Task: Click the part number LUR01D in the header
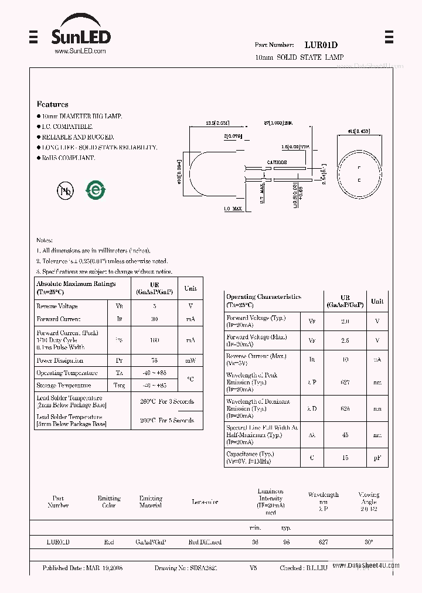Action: (321, 45)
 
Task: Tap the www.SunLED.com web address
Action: (80, 52)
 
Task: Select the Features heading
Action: (52, 104)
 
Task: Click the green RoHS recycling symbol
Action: (95, 190)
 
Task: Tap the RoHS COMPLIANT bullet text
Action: (68, 158)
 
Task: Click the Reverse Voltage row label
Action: (57, 306)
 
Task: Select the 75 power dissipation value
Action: (155, 361)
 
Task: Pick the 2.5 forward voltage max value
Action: (345, 340)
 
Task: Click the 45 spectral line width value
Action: (345, 435)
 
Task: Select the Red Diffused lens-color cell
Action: (205, 543)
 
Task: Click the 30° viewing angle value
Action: (368, 543)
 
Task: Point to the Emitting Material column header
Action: (151, 502)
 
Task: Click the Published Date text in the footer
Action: (83, 568)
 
